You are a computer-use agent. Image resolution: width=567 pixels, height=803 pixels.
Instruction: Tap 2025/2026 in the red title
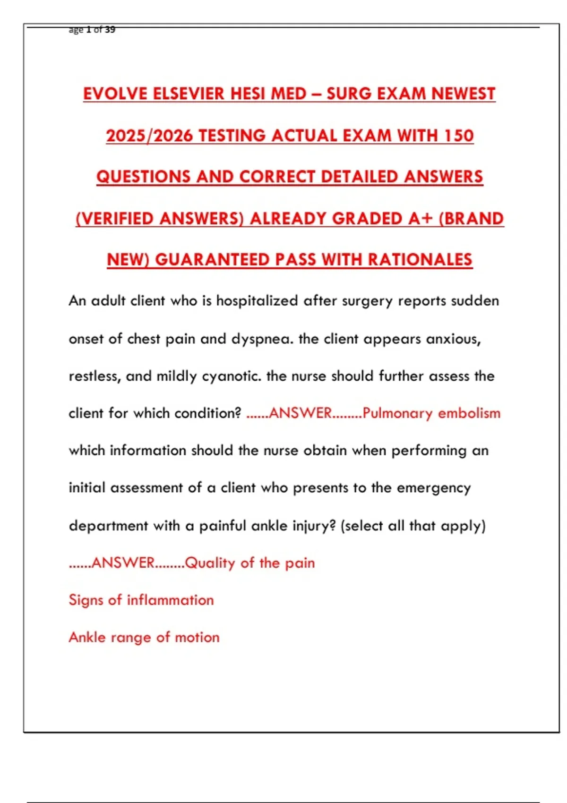pyautogui.click(x=149, y=136)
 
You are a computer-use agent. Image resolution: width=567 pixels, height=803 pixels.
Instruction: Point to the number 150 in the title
pyautogui.click(x=459, y=136)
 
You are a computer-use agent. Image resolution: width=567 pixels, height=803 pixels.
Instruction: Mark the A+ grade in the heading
pyautogui.click(x=421, y=219)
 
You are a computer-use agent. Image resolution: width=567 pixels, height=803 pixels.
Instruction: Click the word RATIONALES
pyautogui.click(x=420, y=260)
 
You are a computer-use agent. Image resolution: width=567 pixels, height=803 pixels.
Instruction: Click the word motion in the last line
pyautogui.click(x=197, y=638)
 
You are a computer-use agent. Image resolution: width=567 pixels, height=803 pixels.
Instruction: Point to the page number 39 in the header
pyautogui.click(x=110, y=30)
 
